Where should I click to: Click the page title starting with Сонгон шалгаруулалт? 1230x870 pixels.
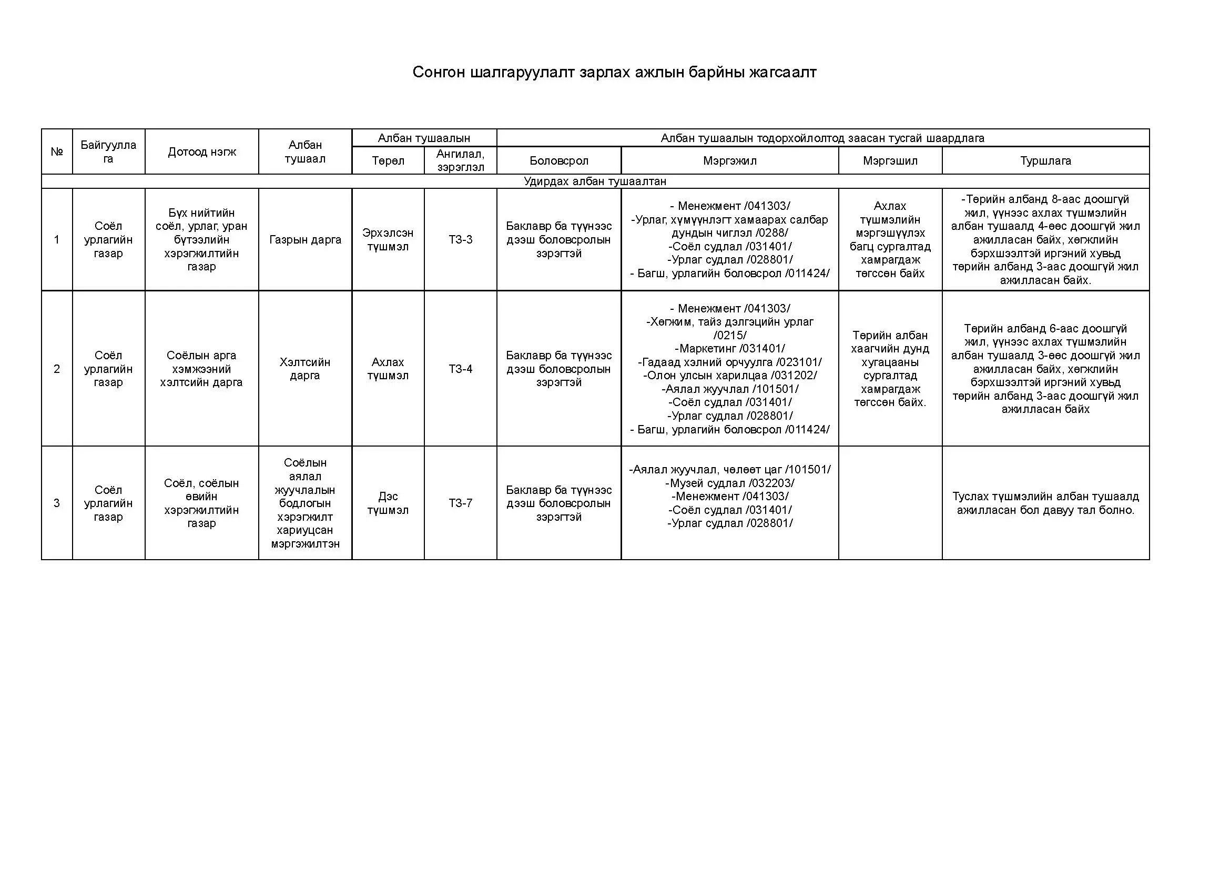tap(614, 72)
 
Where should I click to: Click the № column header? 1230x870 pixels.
tap(57, 151)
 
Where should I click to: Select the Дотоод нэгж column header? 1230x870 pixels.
tap(202, 151)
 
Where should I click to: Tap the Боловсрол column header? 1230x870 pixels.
tap(559, 161)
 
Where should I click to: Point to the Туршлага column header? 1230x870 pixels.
tap(1045, 161)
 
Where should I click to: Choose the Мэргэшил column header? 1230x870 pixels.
tap(890, 161)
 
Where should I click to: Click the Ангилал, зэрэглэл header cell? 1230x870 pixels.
tap(460, 160)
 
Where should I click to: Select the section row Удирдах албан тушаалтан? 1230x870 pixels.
tap(595, 181)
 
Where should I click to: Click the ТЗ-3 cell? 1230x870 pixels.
tap(460, 239)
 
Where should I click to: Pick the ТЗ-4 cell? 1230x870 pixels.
tap(460, 369)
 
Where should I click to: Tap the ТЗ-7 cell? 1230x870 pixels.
tap(460, 503)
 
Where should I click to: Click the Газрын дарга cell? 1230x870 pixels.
tap(305, 239)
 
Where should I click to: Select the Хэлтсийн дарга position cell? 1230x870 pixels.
tap(305, 369)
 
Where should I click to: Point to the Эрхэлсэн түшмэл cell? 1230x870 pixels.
tap(388, 239)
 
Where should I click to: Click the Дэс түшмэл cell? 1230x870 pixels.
tap(388, 503)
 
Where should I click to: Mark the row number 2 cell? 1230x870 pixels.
tap(57, 369)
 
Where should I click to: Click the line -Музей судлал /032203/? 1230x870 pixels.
tap(730, 483)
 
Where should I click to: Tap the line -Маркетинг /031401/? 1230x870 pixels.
tap(730, 349)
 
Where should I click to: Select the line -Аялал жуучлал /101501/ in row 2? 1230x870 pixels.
tap(730, 389)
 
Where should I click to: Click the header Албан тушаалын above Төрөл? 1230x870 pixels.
tap(424, 138)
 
